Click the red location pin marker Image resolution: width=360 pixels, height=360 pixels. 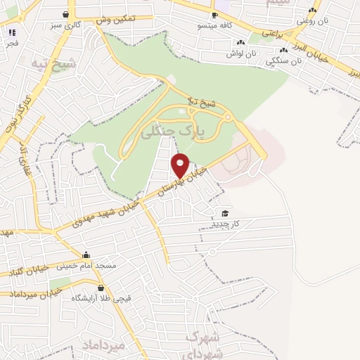click(181, 165)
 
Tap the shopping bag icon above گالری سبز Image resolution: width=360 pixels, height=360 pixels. click(65, 14)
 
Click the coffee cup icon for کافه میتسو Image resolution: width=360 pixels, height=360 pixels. click(214, 15)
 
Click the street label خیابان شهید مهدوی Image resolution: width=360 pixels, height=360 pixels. click(106, 210)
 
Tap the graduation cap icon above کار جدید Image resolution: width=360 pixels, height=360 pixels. click(225, 213)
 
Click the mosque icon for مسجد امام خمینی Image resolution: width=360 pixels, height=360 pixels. click(86, 255)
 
